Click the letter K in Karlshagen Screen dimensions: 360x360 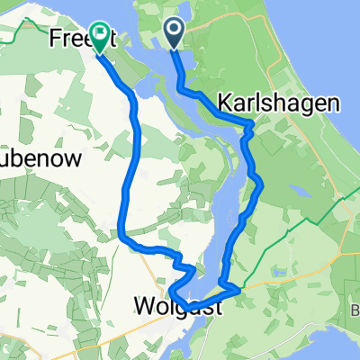pos(220,102)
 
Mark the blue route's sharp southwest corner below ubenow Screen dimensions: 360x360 pos(121,236)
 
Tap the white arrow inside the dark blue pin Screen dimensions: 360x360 pos(175,33)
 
